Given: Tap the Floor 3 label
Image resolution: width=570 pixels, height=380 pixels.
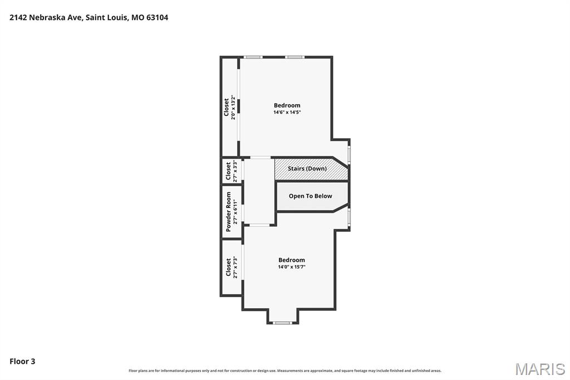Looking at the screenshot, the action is pos(22,362).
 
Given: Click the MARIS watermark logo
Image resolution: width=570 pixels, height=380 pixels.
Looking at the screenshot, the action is pos(540,369).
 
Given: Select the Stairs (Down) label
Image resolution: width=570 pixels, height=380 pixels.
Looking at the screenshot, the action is pos(307,168).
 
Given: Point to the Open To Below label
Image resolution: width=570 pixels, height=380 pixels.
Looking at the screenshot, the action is pos(311,196).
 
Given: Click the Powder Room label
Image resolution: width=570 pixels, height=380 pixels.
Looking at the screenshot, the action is pos(228,212).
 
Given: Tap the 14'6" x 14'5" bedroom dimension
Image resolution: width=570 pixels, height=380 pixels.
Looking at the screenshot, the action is pos(287,112).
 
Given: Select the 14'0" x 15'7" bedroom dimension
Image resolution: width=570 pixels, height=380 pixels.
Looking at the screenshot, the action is pos(292,267).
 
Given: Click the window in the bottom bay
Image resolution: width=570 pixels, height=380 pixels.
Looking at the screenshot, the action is pos(282,323).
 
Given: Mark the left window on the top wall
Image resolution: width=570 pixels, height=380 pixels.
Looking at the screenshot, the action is pos(253,57).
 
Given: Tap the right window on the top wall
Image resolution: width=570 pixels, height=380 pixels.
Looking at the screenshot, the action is pos(294,57).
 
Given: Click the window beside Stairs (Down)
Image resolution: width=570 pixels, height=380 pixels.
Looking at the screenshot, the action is pos(349,155).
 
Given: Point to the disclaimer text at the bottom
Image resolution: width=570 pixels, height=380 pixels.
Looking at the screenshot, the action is pos(285,371).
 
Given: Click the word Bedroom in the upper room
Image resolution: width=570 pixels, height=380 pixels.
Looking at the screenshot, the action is pos(287,105).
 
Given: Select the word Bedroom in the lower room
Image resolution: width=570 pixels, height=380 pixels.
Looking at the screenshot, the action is pos(292,260).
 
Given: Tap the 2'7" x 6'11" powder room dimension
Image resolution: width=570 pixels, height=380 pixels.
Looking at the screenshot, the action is pos(235,212).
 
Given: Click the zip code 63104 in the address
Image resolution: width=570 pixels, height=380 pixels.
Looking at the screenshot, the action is pos(157,17).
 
